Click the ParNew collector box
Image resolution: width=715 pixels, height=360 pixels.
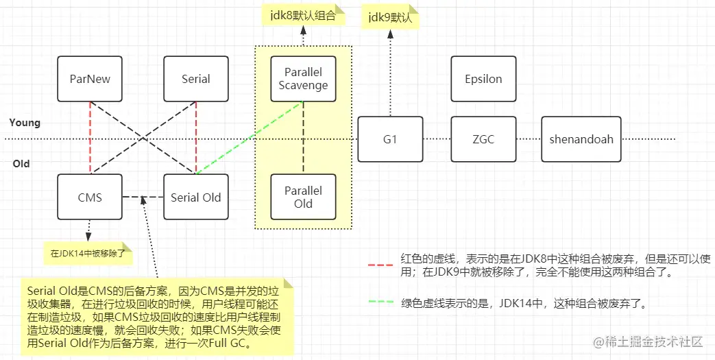tap(90, 79)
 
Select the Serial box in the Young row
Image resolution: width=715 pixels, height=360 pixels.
tap(195, 79)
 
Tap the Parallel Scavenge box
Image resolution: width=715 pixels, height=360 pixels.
tap(303, 79)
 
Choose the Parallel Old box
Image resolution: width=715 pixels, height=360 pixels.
tap(303, 197)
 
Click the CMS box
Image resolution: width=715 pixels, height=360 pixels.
tap(90, 197)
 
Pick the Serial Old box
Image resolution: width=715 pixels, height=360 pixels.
tap(195, 197)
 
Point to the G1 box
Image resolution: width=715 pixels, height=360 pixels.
tap(390, 139)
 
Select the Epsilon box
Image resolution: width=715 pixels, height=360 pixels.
tap(483, 79)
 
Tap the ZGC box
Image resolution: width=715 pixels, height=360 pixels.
tap(483, 139)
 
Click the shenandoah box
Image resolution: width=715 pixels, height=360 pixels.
tap(581, 139)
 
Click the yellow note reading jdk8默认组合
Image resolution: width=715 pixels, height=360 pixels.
tap(303, 15)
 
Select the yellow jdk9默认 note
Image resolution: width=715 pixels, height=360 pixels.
tap(390, 17)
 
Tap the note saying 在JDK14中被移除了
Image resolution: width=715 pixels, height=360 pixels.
tap(88, 253)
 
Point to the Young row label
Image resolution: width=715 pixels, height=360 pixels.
tap(25, 123)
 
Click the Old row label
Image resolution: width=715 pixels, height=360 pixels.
tap(21, 164)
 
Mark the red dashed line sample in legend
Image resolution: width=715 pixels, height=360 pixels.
tap(380, 265)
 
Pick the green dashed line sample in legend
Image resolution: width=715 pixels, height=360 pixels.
tap(380, 302)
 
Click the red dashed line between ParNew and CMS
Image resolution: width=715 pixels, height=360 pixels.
tap(90, 138)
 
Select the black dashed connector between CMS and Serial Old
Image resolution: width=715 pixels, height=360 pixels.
tap(143, 197)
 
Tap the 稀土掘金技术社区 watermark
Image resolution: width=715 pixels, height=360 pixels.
tap(648, 341)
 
